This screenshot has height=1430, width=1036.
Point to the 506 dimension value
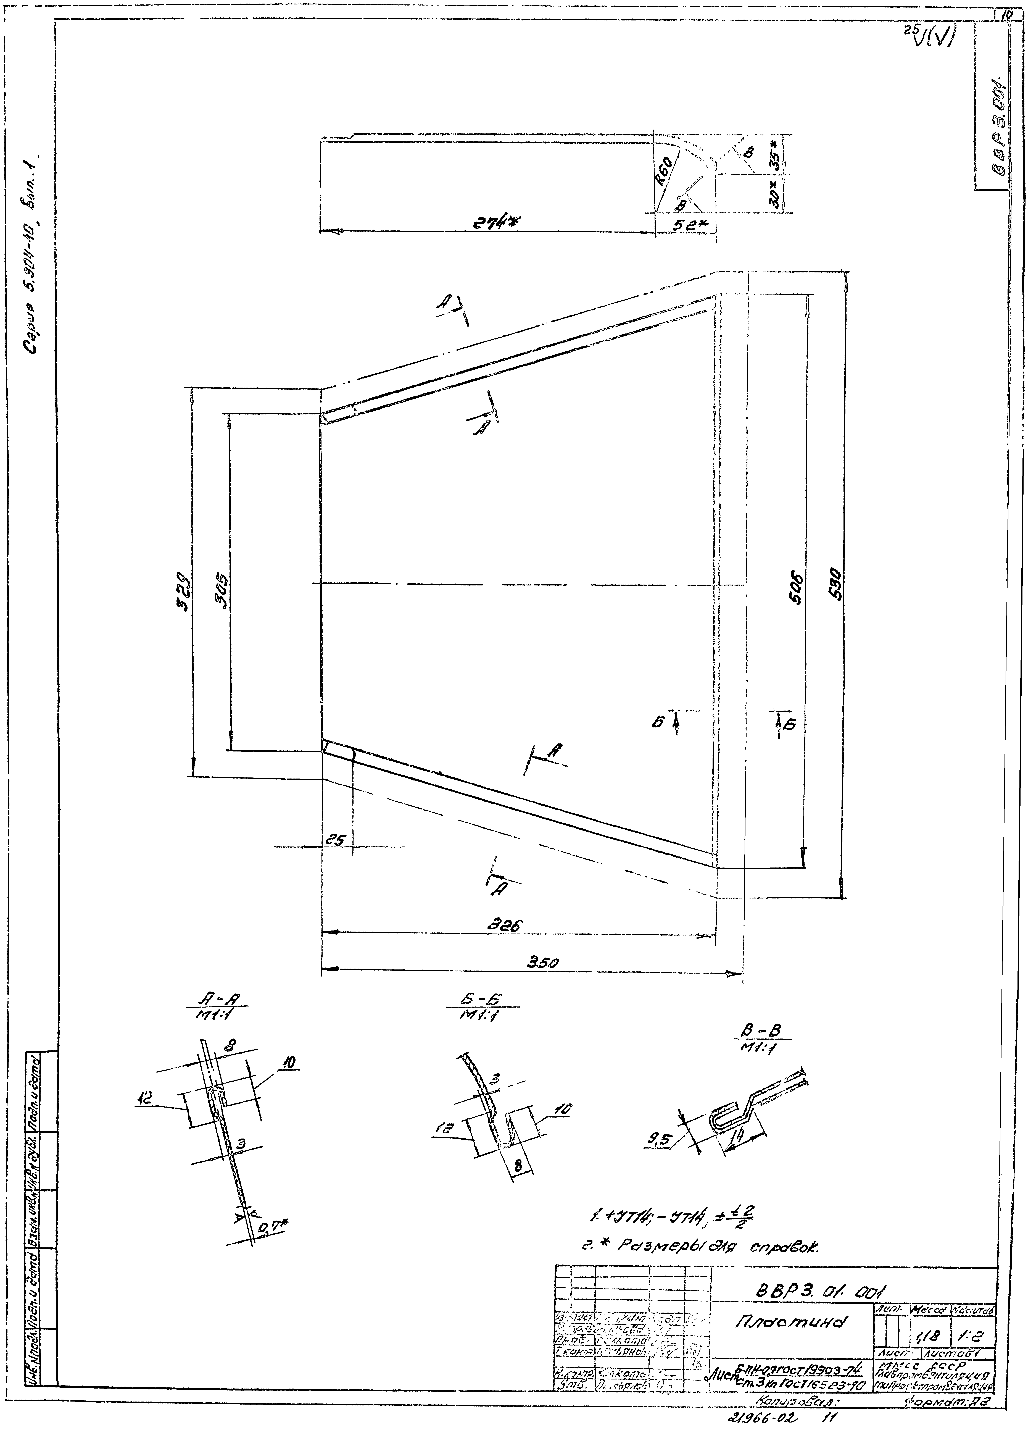pos(797,588)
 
